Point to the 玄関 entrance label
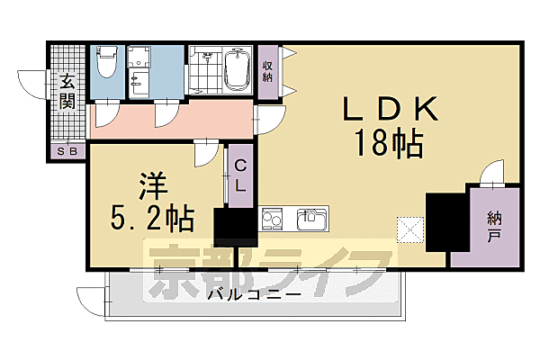tap(67, 93)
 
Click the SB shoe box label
tap(67, 149)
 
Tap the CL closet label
tap(240, 175)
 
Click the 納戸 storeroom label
tap(494, 229)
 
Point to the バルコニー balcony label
tap(253, 294)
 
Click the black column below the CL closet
tap(235, 226)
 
